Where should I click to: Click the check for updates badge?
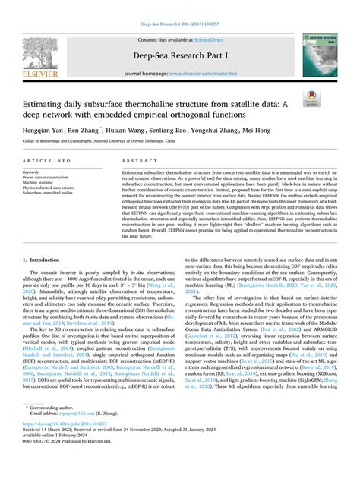click(x=311, y=98)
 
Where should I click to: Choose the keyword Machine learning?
click(x=42, y=183)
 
